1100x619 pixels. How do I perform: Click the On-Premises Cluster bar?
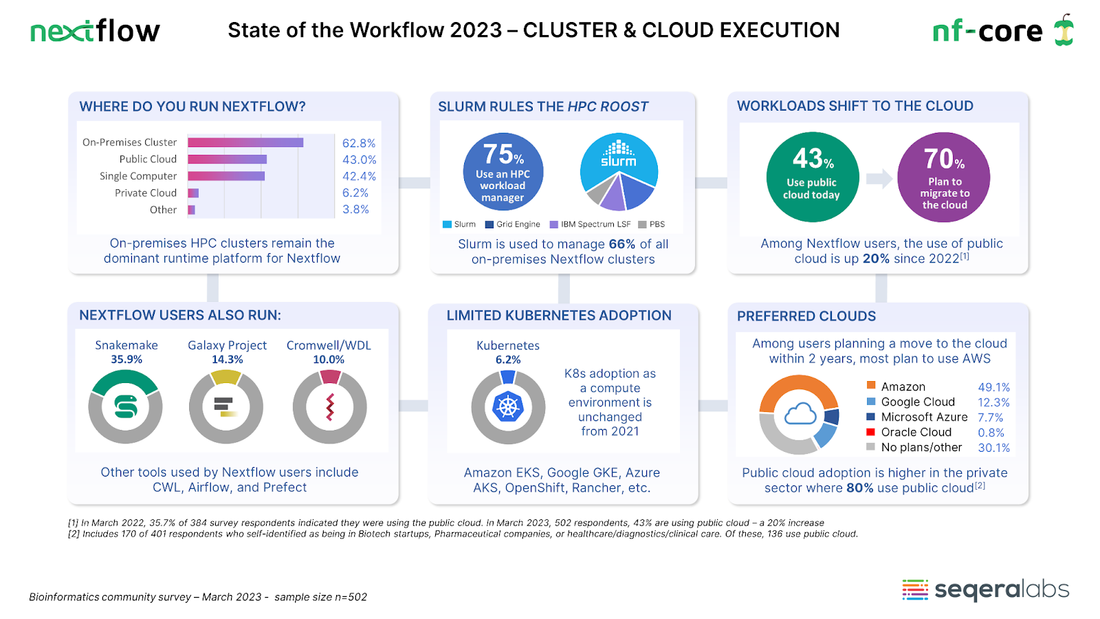coord(245,142)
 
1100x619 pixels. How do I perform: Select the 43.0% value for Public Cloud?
coord(359,160)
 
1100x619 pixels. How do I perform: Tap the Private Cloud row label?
coord(146,193)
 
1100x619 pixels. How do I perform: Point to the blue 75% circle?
coord(503,172)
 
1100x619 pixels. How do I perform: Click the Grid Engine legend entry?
coord(513,224)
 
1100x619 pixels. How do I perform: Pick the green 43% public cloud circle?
coord(813,177)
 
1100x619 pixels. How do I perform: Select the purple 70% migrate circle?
coord(944,177)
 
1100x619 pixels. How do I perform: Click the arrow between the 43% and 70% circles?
coord(879,179)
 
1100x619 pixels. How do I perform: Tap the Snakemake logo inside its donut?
coord(126,406)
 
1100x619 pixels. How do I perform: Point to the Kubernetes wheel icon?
coord(508,407)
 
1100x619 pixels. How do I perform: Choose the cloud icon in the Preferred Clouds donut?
coord(800,414)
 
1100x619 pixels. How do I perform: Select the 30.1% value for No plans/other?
coord(993,448)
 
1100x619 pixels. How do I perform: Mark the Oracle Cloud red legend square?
coord(871,432)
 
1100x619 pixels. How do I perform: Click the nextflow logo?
coord(95,31)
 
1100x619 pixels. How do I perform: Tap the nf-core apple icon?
coord(1064,30)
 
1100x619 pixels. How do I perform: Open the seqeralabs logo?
coord(985,589)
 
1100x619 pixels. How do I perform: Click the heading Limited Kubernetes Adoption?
coord(559,316)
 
